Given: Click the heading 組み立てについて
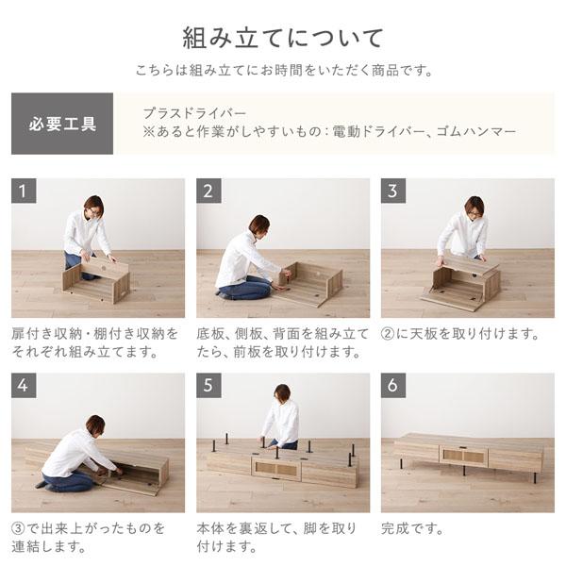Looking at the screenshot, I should (283, 38).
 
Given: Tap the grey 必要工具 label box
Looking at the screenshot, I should (62, 124).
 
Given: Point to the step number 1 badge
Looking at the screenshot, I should (25, 191).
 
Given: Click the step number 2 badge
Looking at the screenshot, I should (209, 191).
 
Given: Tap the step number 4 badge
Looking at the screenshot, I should (25, 386).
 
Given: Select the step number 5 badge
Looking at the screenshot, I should (209, 386).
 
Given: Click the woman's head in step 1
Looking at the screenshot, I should (92, 206).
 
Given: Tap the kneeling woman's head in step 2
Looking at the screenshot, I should (258, 225).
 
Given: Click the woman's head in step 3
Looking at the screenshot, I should (474, 206).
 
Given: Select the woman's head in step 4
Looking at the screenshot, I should (95, 424).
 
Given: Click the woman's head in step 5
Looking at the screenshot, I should (281, 392).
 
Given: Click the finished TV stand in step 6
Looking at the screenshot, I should (467, 454).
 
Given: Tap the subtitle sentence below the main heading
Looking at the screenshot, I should (283, 71).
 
